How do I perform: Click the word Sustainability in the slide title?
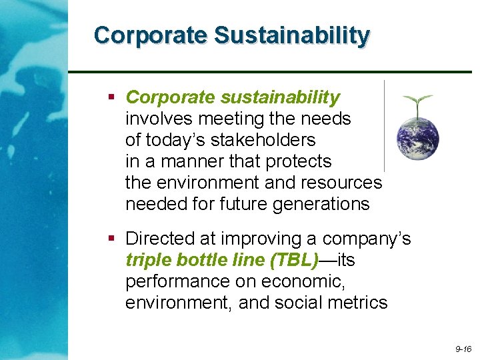coord(291,36)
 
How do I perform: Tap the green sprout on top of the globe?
coord(417,104)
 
